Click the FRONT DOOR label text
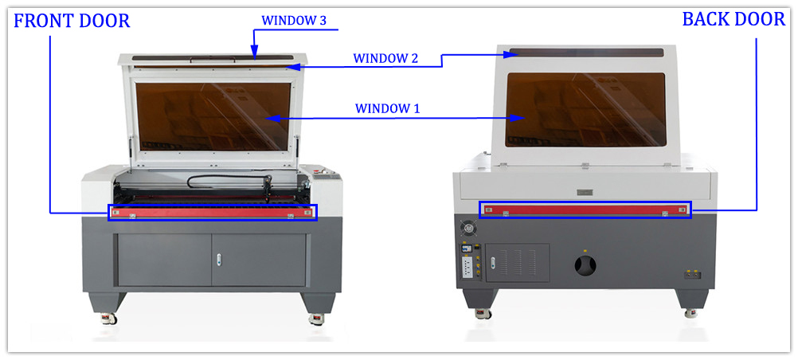(72, 22)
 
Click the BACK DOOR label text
(733, 19)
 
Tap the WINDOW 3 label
(294, 21)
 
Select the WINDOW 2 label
(385, 58)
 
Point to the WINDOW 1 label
(387, 108)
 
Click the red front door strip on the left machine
(212, 213)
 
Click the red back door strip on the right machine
(585, 209)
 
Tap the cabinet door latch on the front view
(219, 259)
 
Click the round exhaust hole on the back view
(585, 264)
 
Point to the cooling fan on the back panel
(467, 227)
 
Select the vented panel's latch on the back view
(493, 263)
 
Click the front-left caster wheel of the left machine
(110, 319)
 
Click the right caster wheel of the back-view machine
(690, 311)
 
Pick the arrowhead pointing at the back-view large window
(518, 118)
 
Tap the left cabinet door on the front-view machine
(164, 260)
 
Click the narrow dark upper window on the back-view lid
(587, 53)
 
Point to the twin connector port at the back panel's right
(692, 275)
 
